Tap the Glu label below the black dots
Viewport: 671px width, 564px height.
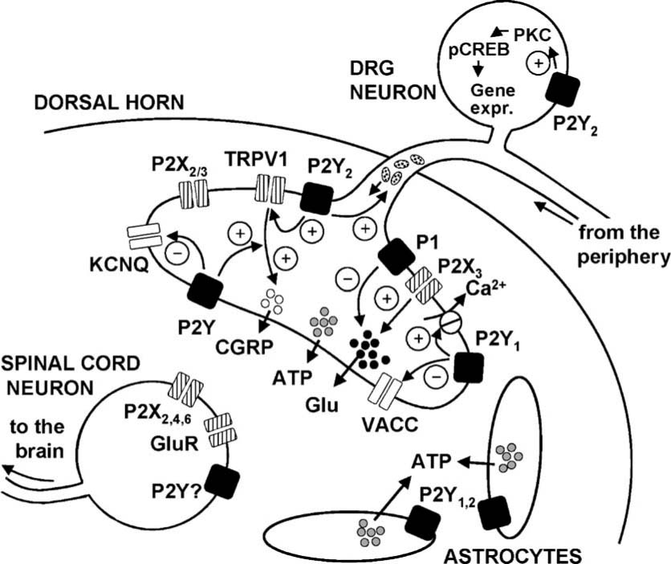[329, 403]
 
